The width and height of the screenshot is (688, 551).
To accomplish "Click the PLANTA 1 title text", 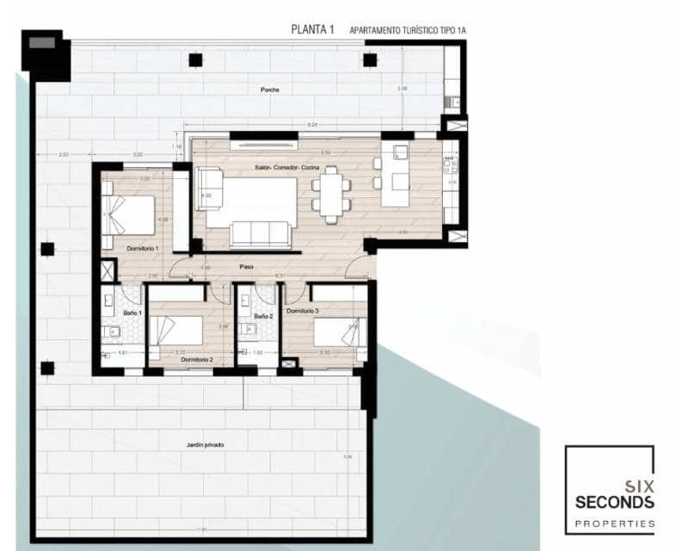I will [x=313, y=29].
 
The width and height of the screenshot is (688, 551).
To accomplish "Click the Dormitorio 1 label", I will [x=143, y=248].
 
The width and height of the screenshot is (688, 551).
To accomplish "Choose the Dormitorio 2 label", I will [x=198, y=359].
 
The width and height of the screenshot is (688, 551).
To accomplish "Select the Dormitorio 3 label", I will [x=303, y=310].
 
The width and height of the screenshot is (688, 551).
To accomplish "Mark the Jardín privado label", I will [x=205, y=444].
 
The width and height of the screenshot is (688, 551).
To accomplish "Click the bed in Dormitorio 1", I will [x=128, y=214].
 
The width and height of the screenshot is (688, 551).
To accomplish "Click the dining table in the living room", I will [x=331, y=195].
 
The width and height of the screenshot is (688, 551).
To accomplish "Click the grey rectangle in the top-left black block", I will [x=40, y=42].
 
